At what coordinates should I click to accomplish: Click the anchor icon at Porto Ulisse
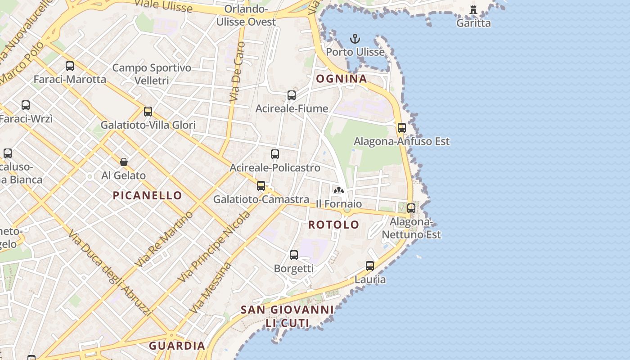355,39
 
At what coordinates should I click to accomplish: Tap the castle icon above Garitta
473,10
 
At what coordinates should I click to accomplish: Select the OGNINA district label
342,79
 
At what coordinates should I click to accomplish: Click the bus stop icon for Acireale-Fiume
292,95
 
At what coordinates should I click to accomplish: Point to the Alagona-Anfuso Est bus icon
402,128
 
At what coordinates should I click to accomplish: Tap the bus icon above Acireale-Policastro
275,154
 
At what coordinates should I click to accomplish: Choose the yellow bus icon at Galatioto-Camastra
261,186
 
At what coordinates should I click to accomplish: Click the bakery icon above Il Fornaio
339,191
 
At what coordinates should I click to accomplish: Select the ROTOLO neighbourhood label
334,225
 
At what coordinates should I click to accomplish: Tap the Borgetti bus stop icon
294,255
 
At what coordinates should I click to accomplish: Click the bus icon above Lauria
370,266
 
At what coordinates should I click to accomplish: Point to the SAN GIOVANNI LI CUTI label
287,316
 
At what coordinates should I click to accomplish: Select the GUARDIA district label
177,346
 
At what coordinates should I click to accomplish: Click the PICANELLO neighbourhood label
147,196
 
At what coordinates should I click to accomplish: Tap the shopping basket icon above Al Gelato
124,162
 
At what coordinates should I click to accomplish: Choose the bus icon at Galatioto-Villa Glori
148,112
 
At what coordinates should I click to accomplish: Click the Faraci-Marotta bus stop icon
70,66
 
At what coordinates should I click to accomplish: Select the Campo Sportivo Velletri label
152,74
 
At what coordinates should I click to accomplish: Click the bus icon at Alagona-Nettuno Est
411,208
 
